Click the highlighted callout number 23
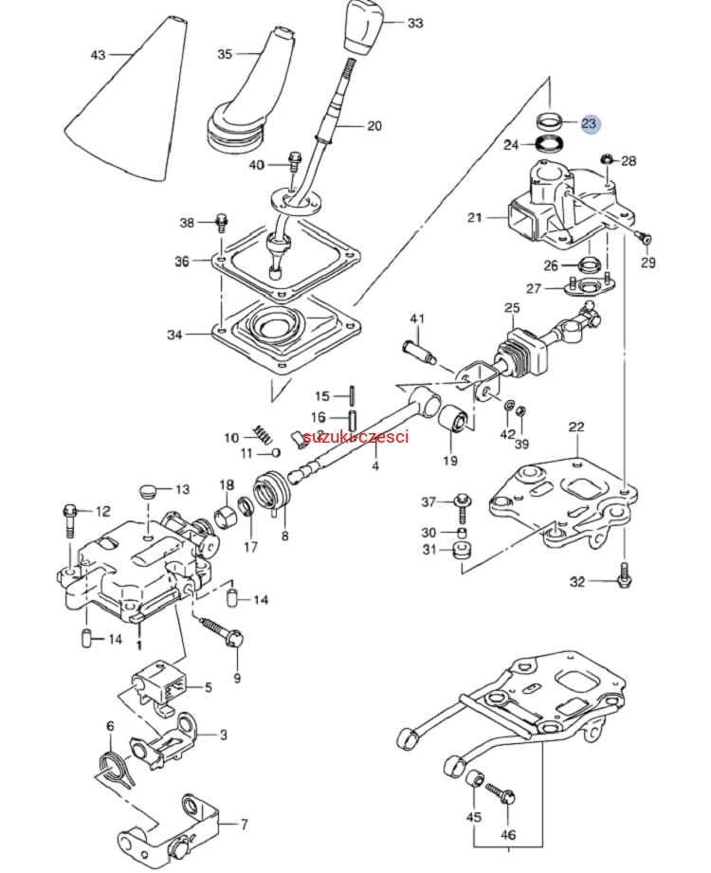[590, 124]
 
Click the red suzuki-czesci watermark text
[355, 437]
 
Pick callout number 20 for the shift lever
[374, 125]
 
